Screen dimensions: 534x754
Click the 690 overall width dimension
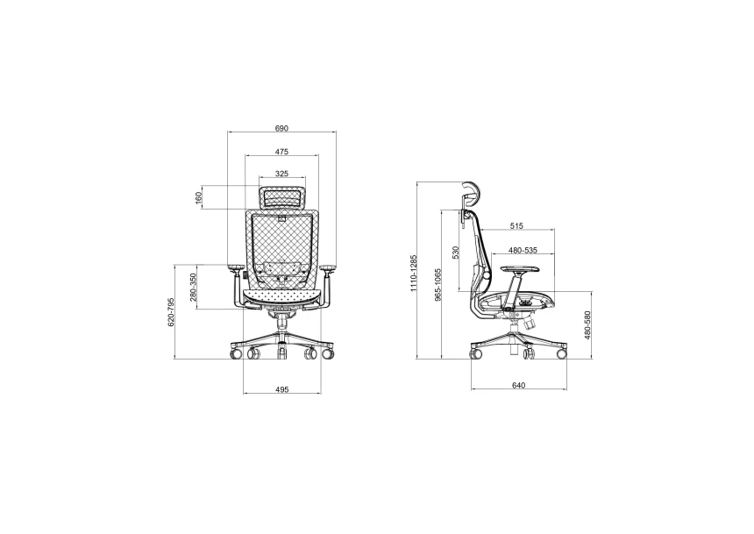(281, 128)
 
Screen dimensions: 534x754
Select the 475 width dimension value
(281, 152)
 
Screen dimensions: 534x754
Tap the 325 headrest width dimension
(281, 174)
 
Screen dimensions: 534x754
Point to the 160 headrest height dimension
(199, 199)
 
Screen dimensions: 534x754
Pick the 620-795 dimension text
(172, 312)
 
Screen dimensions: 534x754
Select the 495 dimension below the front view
(281, 388)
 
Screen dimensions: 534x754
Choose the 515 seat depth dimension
(516, 226)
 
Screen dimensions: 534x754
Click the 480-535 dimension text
(523, 250)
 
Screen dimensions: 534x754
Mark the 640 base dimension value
(518, 386)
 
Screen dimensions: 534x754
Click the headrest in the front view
(281, 197)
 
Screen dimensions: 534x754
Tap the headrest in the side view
(472, 195)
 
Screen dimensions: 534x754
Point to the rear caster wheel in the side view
(476, 354)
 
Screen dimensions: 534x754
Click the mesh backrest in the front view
(281, 241)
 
